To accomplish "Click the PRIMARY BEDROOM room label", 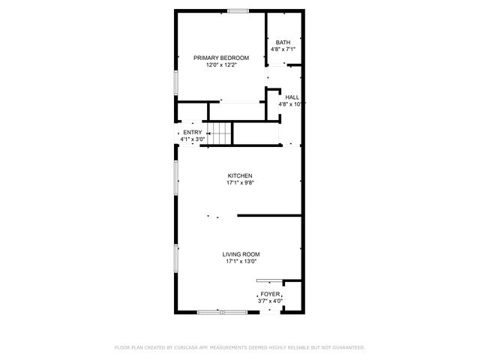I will click(221, 58).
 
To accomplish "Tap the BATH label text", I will click(283, 42).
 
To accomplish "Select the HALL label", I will click(292, 97).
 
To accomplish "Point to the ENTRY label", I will click(193, 133).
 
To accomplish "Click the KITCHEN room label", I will click(240, 176).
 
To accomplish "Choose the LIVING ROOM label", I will click(240, 254).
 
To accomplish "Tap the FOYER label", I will click(270, 294).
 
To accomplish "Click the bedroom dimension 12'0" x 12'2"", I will click(221, 65).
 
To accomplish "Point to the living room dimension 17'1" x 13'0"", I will click(240, 262).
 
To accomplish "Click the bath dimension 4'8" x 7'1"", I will click(283, 49).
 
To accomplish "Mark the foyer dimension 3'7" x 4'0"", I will click(270, 301).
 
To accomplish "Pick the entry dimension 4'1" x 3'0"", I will click(193, 139).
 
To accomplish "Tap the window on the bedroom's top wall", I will click(238, 10).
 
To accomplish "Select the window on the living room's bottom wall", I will click(221, 310).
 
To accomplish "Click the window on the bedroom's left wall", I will click(176, 82).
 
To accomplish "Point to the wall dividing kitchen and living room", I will click(270, 216).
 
